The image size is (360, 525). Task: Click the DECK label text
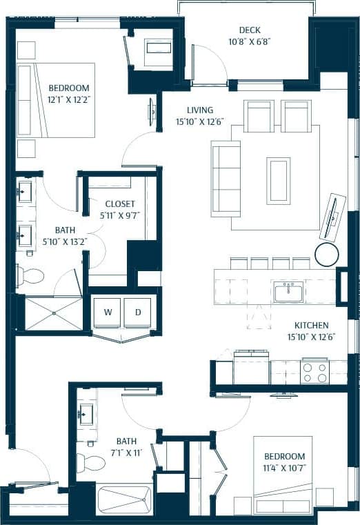pyautogui.click(x=249, y=30)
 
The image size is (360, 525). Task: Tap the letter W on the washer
pyautogui.click(x=108, y=312)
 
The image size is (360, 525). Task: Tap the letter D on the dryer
pyautogui.click(x=138, y=312)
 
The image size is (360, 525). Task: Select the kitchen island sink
pyautogui.click(x=288, y=292)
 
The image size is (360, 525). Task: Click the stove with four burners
pyautogui.click(x=314, y=373)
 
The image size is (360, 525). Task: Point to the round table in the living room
pyautogui.click(x=326, y=254)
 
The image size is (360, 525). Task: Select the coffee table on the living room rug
pyautogui.click(x=278, y=181)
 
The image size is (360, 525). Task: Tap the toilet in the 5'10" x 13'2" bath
pyautogui.click(x=30, y=276)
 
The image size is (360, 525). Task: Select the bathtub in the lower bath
pyautogui.click(x=124, y=499)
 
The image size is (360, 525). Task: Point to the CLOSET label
pyautogui.click(x=120, y=204)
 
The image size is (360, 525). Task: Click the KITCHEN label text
pyautogui.click(x=312, y=325)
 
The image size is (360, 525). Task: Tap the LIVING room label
pyautogui.click(x=200, y=110)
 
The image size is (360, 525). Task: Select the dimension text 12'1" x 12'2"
pyautogui.click(x=69, y=99)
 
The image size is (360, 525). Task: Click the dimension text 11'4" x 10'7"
pyautogui.click(x=285, y=468)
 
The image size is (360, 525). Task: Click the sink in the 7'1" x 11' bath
pyautogui.click(x=87, y=415)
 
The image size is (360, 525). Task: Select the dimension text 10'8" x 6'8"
pyautogui.click(x=249, y=41)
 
